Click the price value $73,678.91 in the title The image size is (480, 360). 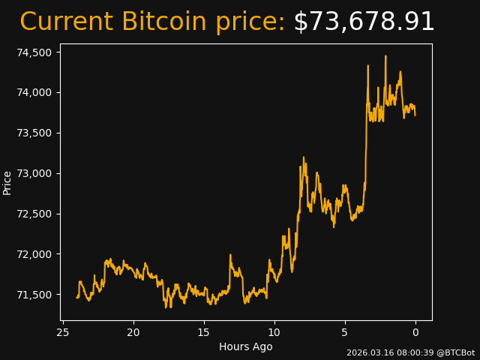tap(364, 22)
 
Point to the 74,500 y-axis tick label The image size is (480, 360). tap(34, 52)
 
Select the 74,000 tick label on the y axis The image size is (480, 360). tap(34, 93)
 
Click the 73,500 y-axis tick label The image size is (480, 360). tap(34, 133)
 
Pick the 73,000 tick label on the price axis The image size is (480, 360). tap(34, 173)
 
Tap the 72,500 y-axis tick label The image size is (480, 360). tap(34, 214)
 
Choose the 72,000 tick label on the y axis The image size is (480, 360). tap(34, 254)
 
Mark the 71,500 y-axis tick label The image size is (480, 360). tap(34, 295)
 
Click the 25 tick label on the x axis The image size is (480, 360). tap(63, 332)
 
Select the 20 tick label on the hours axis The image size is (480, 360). tap(133, 332)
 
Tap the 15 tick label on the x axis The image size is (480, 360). tap(204, 332)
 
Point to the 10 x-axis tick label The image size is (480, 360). tap(274, 332)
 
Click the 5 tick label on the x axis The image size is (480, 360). tap(345, 332)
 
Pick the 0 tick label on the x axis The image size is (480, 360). tap(415, 332)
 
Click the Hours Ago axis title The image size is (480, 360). tap(246, 346)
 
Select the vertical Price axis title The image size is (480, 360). tap(7, 182)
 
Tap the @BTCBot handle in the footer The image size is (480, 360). tap(455, 352)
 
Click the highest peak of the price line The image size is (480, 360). tap(385, 56)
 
